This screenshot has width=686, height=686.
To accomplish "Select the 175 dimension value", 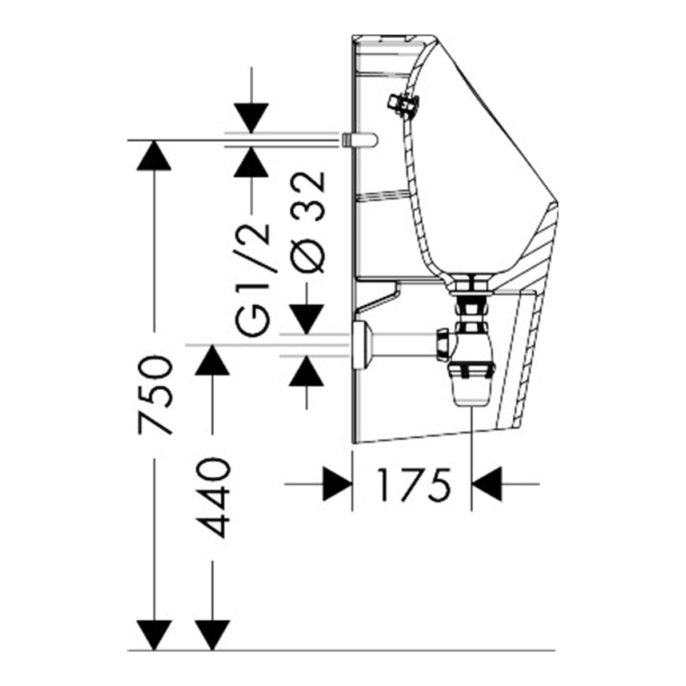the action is pos(413,484).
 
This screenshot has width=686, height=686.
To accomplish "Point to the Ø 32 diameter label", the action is pos(307,222).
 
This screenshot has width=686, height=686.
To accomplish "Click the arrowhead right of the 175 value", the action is pos(486,484).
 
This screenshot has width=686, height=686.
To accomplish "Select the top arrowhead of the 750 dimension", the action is pos(154,155).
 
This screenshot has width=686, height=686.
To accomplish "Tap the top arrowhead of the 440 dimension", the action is pos(213,360).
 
